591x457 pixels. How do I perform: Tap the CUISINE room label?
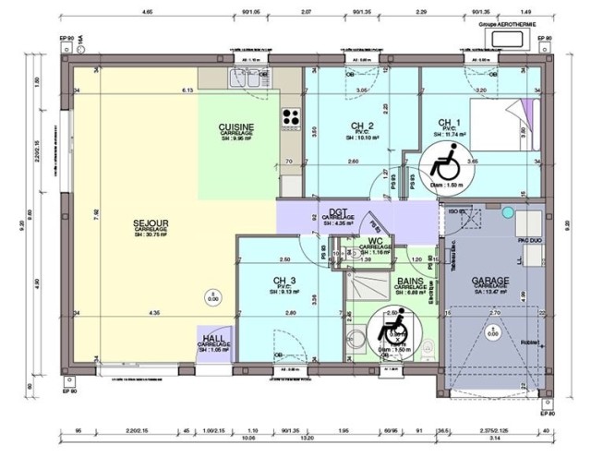[x=236, y=127]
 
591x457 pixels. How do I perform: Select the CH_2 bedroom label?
[x=362, y=126]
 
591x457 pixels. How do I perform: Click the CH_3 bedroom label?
[x=283, y=282]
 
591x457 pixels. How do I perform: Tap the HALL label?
[x=212, y=339]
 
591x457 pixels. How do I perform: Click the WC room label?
[x=376, y=241]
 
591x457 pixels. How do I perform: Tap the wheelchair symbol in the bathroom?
[x=392, y=330]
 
